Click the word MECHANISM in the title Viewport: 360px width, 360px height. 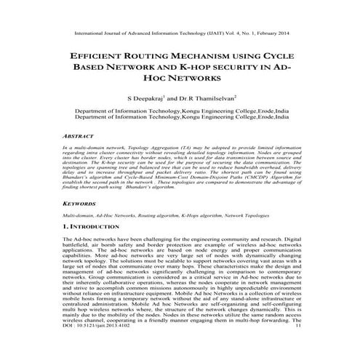(201, 55)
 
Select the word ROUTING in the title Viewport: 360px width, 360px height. (144, 55)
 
